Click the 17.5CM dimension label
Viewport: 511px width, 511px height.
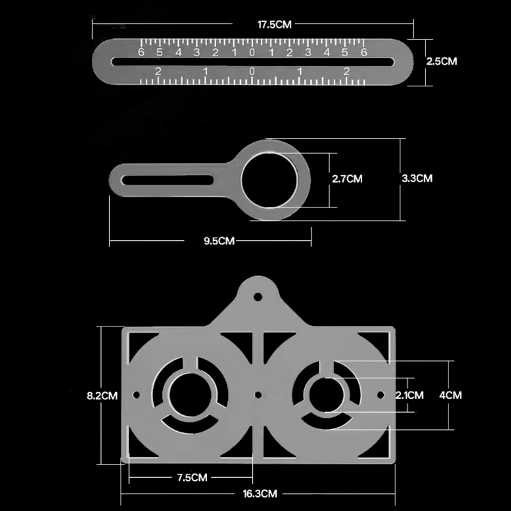[x=275, y=24]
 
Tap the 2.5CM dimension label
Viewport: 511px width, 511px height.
[x=441, y=61]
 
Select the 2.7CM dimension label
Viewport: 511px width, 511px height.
[x=347, y=179]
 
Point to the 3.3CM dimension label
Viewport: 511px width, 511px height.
[x=417, y=178]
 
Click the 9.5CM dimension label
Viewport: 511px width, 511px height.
[x=219, y=241]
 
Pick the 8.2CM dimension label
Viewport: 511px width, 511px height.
[x=102, y=395]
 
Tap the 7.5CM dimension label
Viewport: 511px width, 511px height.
[x=192, y=478]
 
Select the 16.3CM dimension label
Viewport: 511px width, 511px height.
[x=260, y=494]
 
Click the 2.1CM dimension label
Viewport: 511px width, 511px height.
[x=409, y=395]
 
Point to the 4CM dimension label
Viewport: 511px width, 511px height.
[x=450, y=395]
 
